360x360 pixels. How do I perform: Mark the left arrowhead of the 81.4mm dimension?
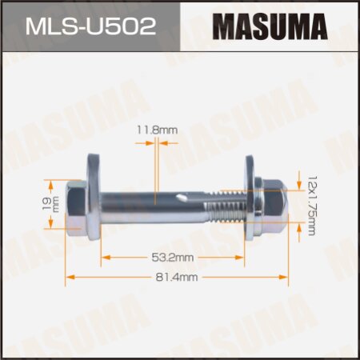70,276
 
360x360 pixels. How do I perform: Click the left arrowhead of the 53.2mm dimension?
105,258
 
